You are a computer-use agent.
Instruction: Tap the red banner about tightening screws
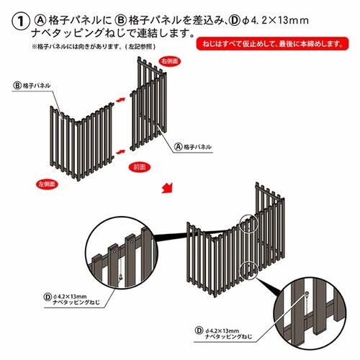272,45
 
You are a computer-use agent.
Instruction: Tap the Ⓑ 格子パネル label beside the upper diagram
32,85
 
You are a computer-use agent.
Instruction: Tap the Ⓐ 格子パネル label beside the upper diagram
192,145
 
